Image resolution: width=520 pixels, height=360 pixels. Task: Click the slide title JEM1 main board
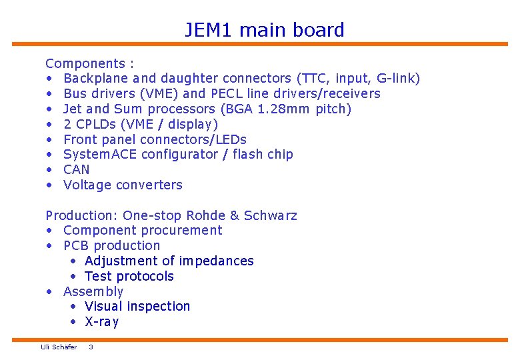pyautogui.click(x=265, y=30)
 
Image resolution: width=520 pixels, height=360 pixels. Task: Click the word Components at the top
pyautogui.click(x=85, y=64)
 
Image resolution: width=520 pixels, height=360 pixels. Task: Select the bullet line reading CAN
pyautogui.click(x=76, y=169)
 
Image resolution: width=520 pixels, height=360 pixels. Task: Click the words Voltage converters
pyautogui.click(x=123, y=185)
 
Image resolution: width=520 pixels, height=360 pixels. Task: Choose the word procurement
pyautogui.click(x=180, y=230)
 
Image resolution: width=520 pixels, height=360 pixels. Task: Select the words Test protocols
pyautogui.click(x=129, y=276)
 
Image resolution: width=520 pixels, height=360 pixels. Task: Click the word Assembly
pyautogui.click(x=93, y=291)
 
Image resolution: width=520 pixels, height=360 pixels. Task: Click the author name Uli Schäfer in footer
pyautogui.click(x=59, y=347)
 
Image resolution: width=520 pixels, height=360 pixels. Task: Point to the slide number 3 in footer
pyautogui.click(x=91, y=347)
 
